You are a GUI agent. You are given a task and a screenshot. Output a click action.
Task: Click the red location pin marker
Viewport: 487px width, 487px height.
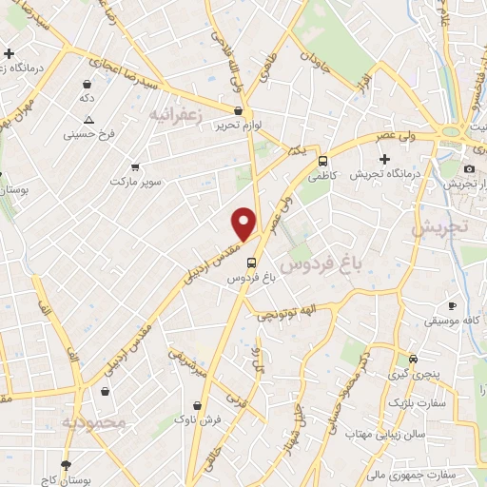pos(244,223)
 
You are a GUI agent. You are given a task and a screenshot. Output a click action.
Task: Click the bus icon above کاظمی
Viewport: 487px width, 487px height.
pos(323,161)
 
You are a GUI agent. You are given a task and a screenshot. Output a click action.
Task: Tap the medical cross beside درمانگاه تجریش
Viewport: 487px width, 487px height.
pos(384,158)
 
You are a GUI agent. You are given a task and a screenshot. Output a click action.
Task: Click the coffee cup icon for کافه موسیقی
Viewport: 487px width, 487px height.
pos(453,305)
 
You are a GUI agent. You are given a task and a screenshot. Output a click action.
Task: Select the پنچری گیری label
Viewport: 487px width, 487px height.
pos(412,375)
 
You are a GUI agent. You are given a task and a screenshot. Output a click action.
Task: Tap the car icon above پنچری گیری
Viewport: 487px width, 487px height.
pos(413,359)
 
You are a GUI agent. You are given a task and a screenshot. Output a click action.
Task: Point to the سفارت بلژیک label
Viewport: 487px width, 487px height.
pos(412,404)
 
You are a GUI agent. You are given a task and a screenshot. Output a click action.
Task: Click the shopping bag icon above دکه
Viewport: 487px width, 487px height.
pos(88,84)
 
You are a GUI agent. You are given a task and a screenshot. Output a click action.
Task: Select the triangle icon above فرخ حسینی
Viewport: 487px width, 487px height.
pos(88,120)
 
